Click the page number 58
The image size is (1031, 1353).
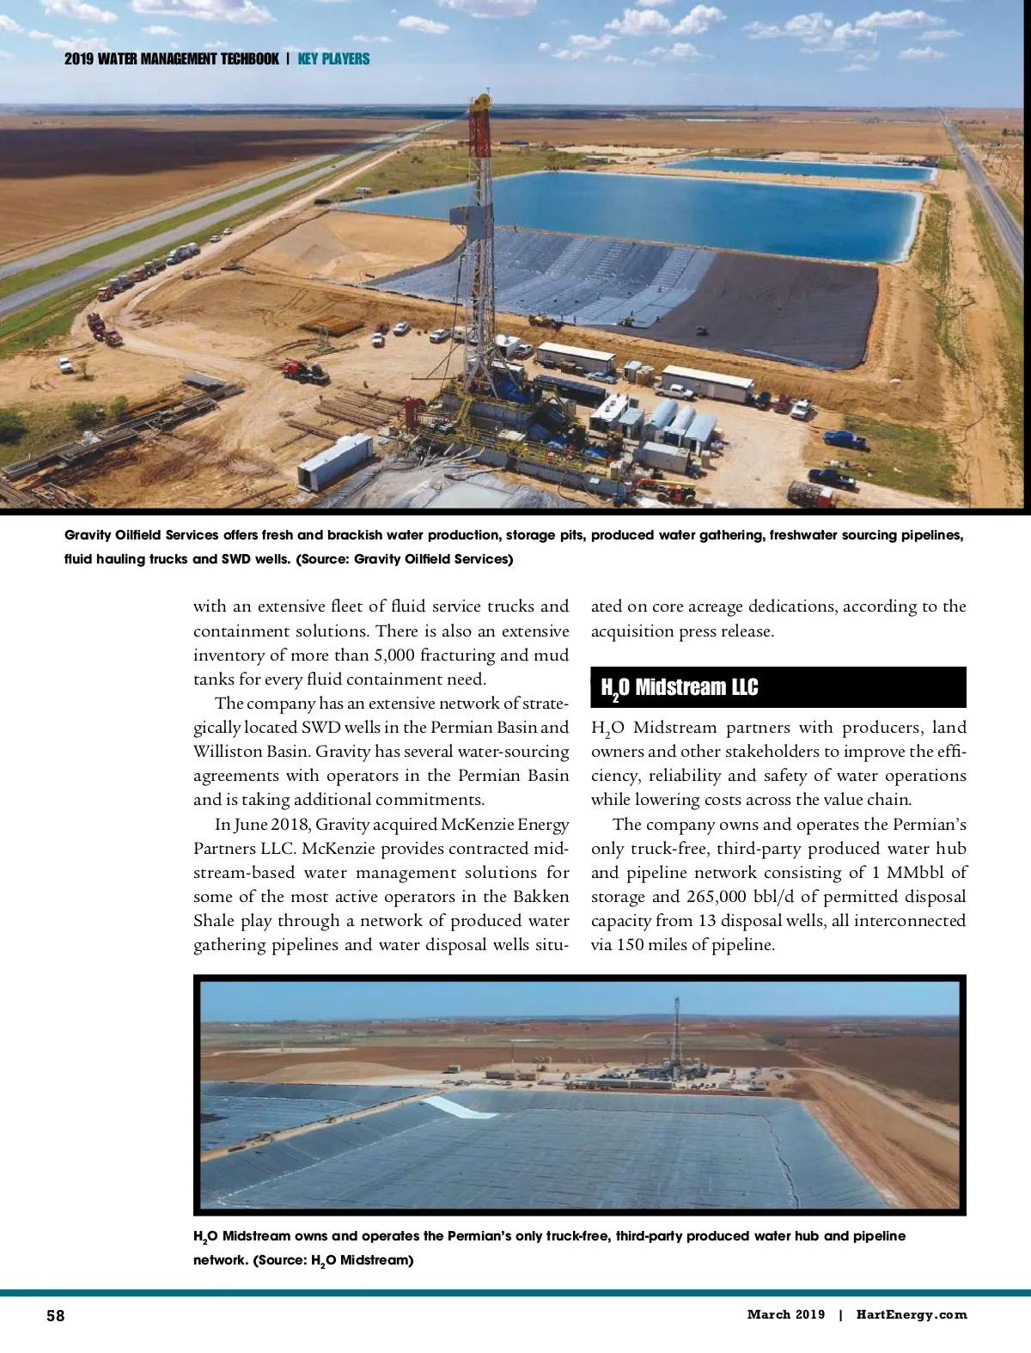(56, 1315)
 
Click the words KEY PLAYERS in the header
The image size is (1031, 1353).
(333, 59)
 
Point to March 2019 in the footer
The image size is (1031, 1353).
(785, 1314)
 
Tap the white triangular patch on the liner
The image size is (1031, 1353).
(462, 1106)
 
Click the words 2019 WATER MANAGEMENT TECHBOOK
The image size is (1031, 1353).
(172, 59)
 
